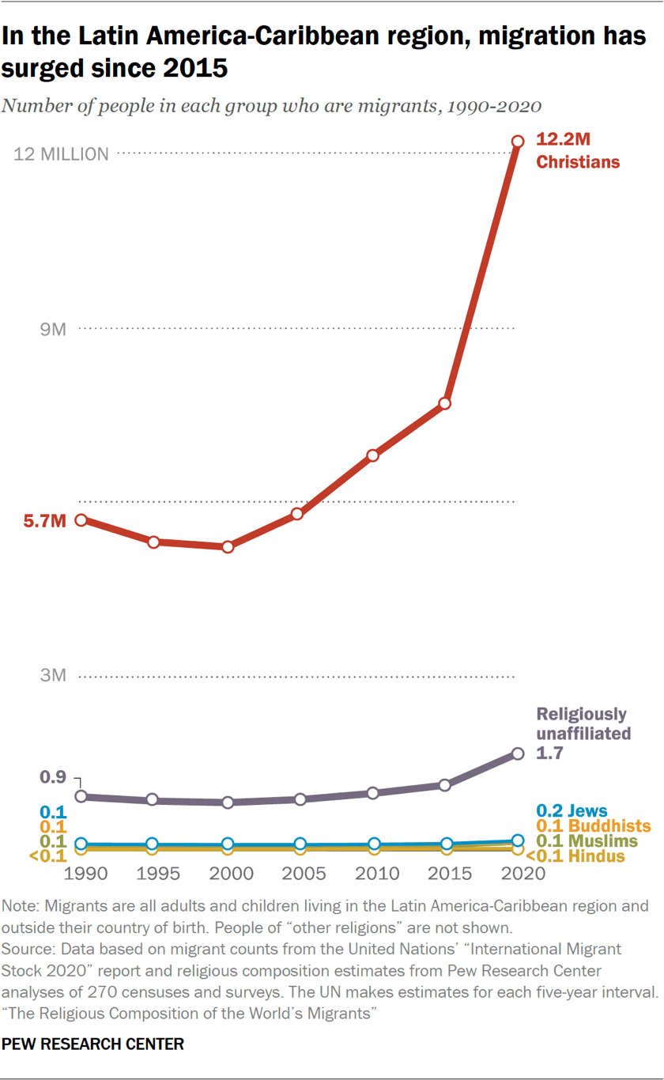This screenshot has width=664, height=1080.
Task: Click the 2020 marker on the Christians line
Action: (x=518, y=142)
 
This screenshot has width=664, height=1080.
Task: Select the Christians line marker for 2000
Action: (x=228, y=546)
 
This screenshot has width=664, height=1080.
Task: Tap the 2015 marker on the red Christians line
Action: (x=445, y=403)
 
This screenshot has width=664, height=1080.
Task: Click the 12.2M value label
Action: (x=564, y=140)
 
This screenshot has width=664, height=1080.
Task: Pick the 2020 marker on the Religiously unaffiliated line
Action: (x=518, y=753)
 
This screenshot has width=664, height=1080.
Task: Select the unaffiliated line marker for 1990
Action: (x=80, y=796)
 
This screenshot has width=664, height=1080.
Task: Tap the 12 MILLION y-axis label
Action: (x=62, y=154)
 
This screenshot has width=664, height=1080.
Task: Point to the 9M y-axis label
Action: (x=53, y=329)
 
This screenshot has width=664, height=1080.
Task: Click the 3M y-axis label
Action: (x=53, y=677)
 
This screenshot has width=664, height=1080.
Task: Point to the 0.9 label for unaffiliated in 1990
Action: (x=53, y=777)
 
